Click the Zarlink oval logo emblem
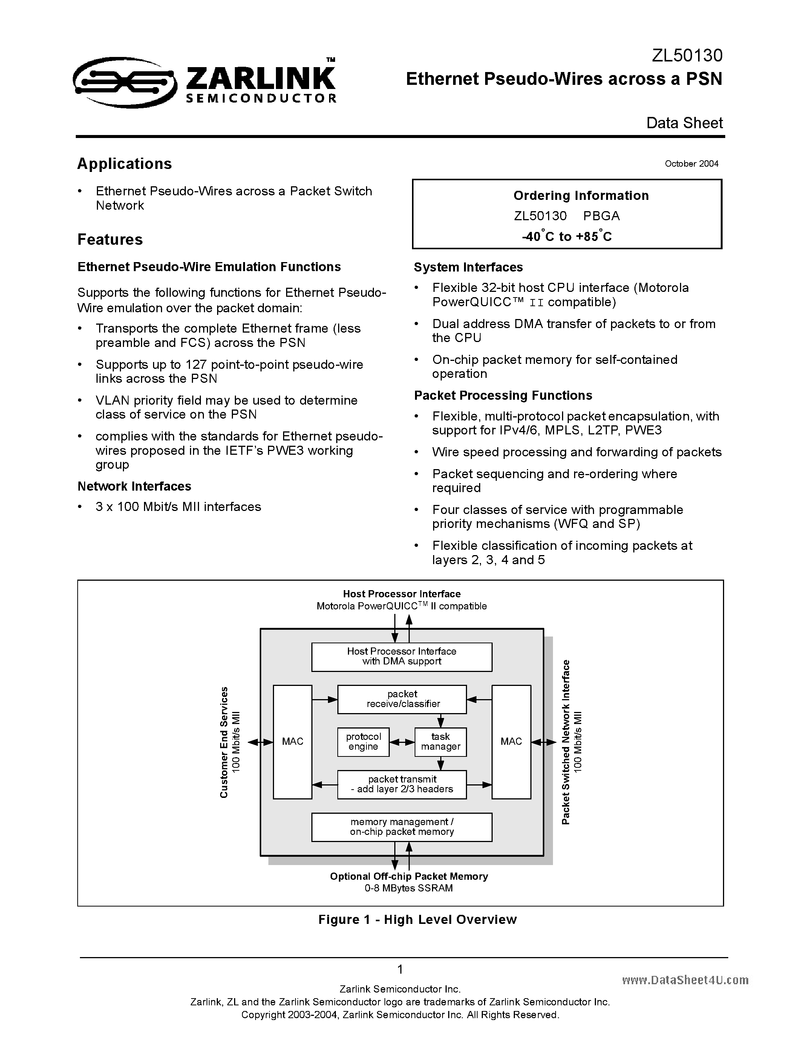pos(124,82)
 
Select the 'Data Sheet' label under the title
pos(684,123)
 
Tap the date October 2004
pos(691,164)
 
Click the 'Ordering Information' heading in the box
pos(580,196)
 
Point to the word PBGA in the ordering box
pos(601,216)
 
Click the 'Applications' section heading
pos(124,164)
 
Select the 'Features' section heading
pos(110,239)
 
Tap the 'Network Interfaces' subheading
pos(134,486)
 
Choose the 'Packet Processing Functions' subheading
pos(502,396)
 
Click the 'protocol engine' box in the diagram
pos(363,742)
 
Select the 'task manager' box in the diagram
pos(440,742)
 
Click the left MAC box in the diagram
pos(292,742)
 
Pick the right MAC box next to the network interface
pos(511,742)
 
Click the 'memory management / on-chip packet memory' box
pos(401,827)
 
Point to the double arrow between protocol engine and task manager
pos(402,742)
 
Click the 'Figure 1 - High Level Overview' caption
pos(417,920)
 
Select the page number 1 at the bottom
pos(400,969)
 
